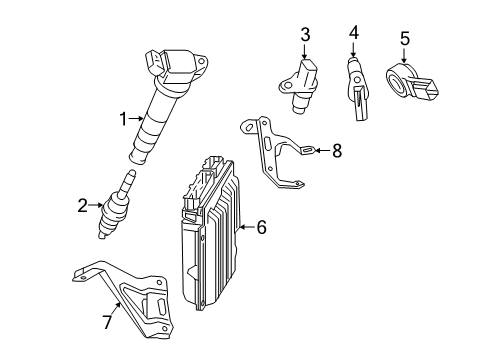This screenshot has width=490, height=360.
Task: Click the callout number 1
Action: tap(124, 119)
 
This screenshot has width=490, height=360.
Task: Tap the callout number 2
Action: tap(82, 205)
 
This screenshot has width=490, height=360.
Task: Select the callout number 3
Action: tap(305, 35)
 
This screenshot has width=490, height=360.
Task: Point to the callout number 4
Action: tap(354, 33)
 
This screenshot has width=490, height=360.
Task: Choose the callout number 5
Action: tap(404, 38)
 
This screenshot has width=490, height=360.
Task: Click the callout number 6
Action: tap(262, 227)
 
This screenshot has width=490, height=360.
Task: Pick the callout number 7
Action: tap(107, 322)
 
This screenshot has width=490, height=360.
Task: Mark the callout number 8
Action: tap(337, 151)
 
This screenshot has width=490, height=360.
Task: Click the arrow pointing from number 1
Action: tap(137, 118)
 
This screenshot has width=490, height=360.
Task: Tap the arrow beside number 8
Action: tap(322, 151)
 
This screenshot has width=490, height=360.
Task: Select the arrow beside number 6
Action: tap(247, 227)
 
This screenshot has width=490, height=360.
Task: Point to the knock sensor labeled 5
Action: tap(412, 83)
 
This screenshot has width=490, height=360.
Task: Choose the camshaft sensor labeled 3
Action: tap(298, 85)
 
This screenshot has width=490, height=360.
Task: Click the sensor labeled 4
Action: tap(358, 89)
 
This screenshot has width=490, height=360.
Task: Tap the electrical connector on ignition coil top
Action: tap(154, 62)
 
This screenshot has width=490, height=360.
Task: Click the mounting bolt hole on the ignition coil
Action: tap(200, 62)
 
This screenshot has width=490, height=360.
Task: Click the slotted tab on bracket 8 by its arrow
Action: tap(308, 151)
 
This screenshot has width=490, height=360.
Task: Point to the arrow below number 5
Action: tap(404, 55)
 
